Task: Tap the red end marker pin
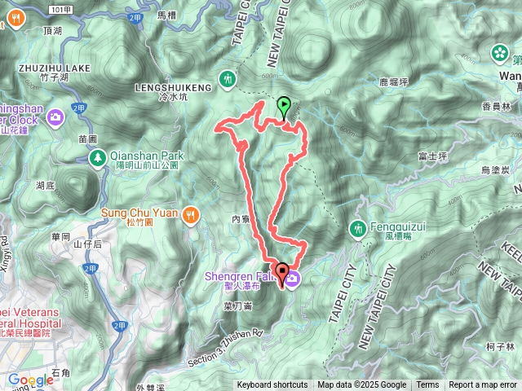coord(283,274)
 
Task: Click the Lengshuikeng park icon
coord(228,79)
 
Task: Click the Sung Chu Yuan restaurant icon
coord(190,213)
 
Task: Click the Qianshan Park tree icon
coord(96,156)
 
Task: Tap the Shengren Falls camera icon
coord(292,279)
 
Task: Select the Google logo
coord(31,380)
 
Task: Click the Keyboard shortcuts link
coord(272,385)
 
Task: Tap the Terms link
coord(427,385)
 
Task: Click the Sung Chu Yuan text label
coord(139,213)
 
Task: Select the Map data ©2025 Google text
coord(361,385)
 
